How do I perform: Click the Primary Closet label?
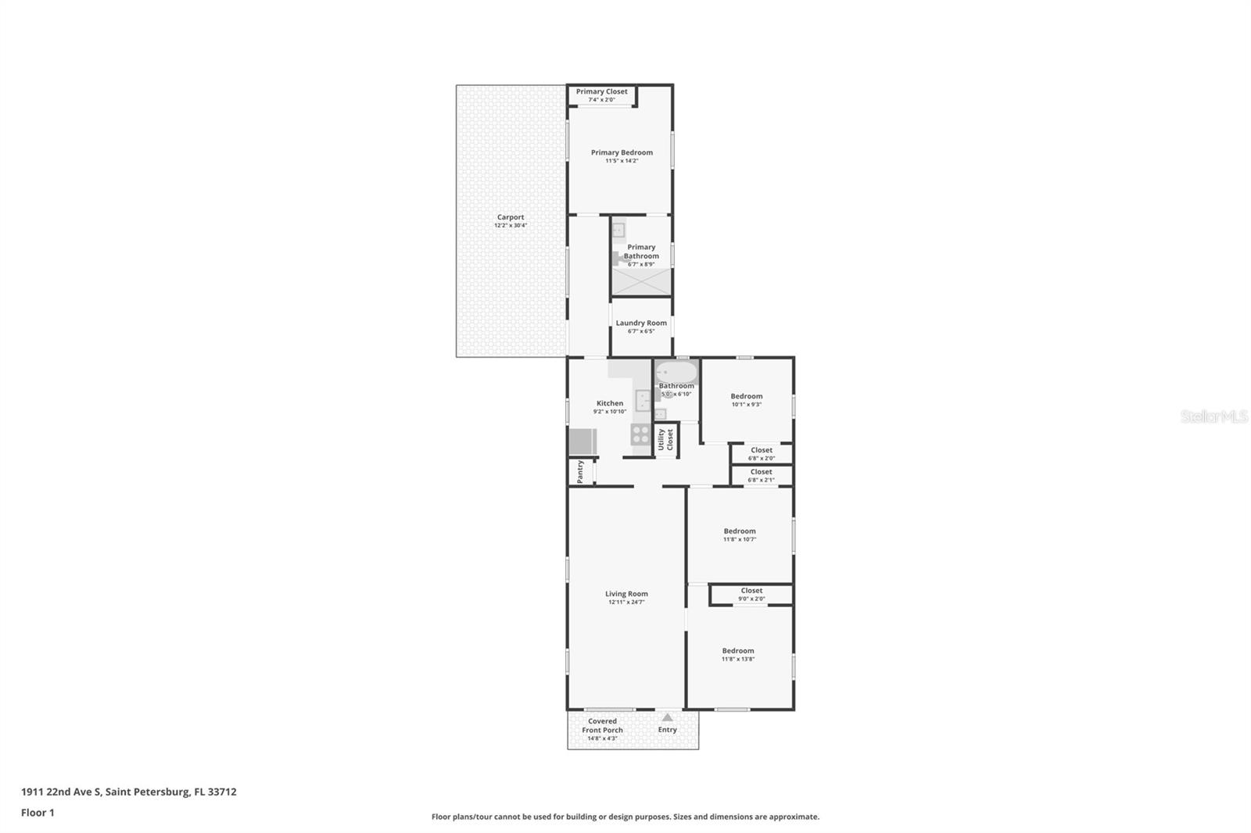point(601,91)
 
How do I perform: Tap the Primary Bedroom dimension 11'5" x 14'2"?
point(622,161)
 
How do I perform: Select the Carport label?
point(511,217)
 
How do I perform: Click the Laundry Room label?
point(641,323)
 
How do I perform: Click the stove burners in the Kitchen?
point(640,434)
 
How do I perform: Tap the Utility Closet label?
point(665,439)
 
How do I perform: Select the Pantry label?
point(580,471)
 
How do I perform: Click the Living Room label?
point(626,594)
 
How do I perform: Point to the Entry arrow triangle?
point(667,717)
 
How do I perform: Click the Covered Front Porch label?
point(602,726)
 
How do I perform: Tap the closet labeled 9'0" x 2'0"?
point(751,595)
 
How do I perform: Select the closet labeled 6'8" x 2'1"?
point(761,475)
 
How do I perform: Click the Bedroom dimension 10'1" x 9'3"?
point(746,405)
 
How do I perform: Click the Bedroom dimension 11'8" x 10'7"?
point(739,539)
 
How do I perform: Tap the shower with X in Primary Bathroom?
point(641,281)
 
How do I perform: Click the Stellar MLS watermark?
point(1213,417)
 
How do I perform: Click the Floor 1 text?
point(38,813)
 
